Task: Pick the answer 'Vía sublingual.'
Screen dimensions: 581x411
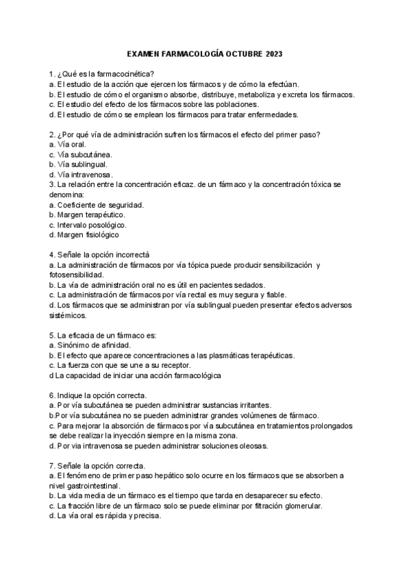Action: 77,164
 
